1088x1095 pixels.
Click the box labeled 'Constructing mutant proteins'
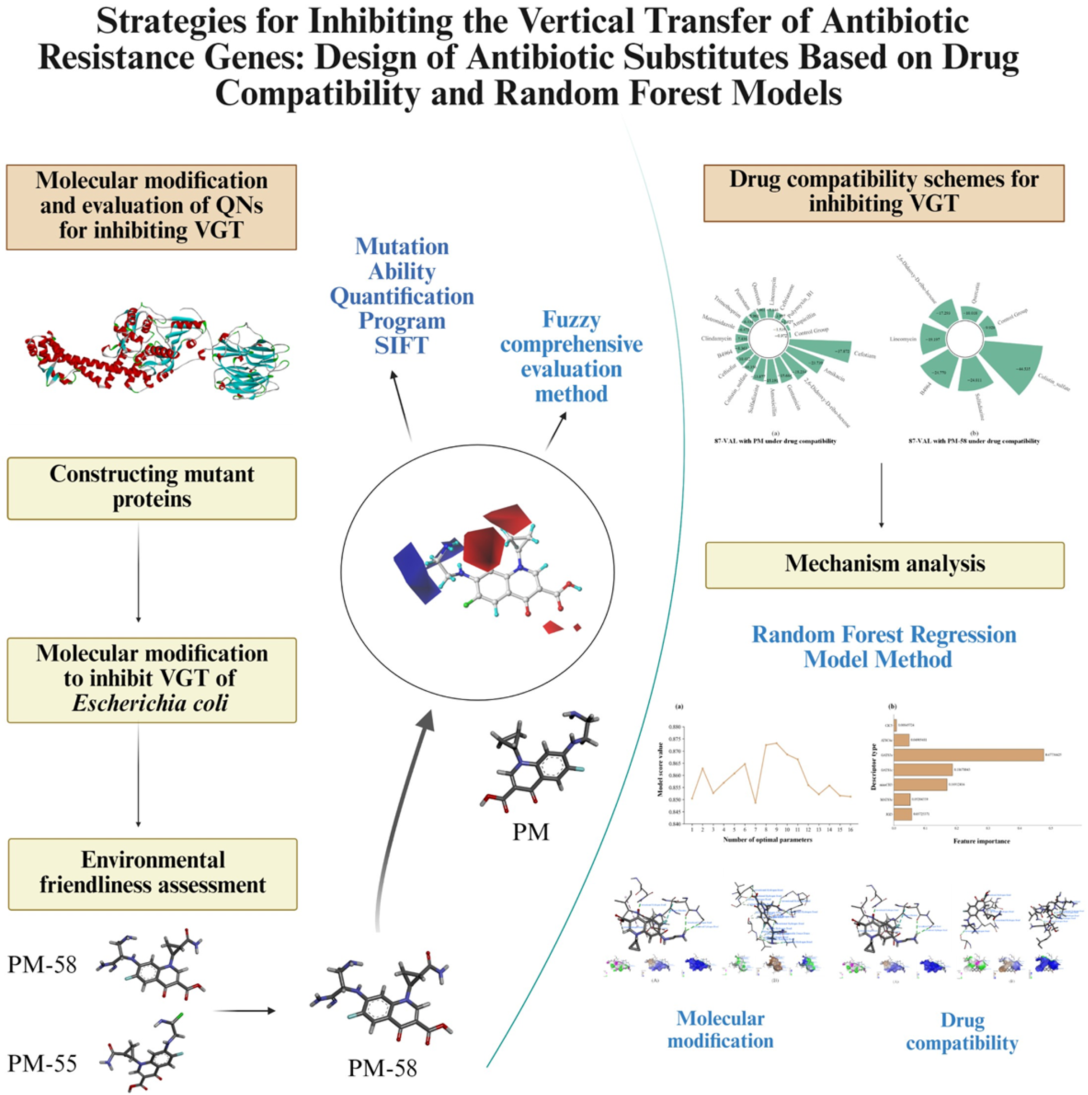pyautogui.click(x=151, y=488)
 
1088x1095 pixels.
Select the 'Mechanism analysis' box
pyautogui.click(x=884, y=564)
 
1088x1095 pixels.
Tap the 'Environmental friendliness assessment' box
pyautogui.click(x=152, y=873)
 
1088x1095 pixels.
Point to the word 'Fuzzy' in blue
pyautogui.click(x=570, y=319)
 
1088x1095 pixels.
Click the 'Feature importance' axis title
pyautogui.click(x=981, y=841)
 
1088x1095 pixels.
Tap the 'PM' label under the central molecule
pyautogui.click(x=531, y=832)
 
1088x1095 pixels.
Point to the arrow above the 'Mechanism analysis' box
pyautogui.click(x=881, y=495)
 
